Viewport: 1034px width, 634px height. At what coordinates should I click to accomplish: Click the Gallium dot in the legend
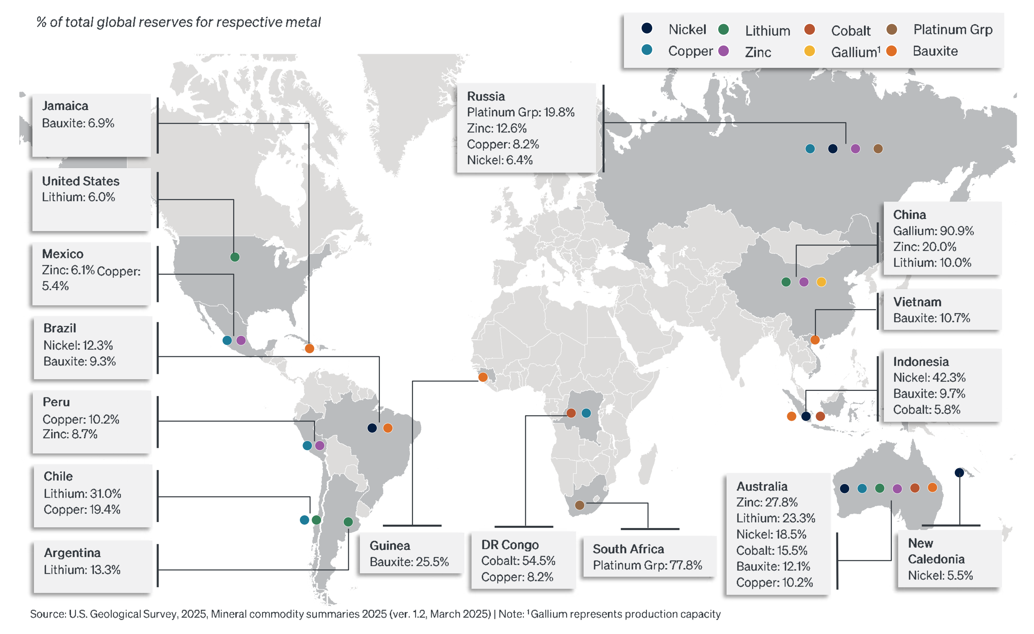pos(809,51)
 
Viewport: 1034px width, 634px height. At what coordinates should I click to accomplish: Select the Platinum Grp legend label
pos(953,29)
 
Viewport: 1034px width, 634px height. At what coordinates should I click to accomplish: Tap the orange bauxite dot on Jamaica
pos(309,348)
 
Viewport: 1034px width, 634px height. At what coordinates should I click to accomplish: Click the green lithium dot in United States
pos(235,257)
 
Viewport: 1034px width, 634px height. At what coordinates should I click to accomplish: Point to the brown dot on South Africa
pos(579,505)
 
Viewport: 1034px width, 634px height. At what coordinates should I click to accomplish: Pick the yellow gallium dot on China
pos(821,282)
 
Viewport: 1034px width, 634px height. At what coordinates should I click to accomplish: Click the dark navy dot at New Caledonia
pos(959,473)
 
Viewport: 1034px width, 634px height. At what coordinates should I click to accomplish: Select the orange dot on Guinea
pos(483,377)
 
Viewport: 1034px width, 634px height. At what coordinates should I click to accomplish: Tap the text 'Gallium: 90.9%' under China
pos(933,231)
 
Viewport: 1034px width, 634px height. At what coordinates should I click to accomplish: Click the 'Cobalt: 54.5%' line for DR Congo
pos(518,560)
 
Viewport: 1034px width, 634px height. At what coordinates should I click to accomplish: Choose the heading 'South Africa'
pos(628,549)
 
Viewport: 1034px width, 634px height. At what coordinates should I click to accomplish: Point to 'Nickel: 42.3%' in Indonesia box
pos(929,377)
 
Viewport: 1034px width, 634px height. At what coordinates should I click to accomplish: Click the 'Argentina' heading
pos(72,553)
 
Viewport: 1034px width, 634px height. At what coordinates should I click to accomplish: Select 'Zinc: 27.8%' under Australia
pos(767,502)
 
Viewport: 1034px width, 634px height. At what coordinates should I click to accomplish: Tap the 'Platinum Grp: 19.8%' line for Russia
pos(520,112)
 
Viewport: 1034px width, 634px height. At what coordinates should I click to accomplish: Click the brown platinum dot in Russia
pos(878,149)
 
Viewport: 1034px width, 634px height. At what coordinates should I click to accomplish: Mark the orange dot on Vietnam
pos(815,340)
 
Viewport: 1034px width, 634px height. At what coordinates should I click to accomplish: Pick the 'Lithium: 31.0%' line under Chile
pos(82,493)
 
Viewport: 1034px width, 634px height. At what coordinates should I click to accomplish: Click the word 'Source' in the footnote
pos(47,614)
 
